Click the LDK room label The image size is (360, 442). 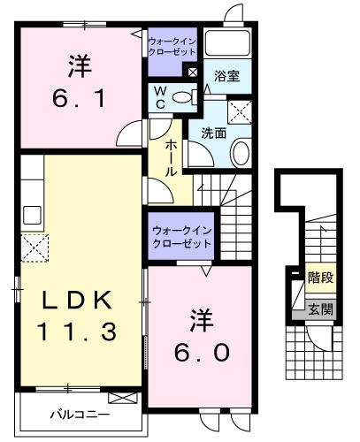pos(76,301)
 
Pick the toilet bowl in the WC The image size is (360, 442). pos(182,98)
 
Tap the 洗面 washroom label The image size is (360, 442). pos(213,133)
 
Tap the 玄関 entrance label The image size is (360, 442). pos(319,309)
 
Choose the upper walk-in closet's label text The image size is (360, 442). pos(172,46)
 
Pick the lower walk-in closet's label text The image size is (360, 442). pos(180,234)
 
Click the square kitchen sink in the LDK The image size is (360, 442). pos(32,215)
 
